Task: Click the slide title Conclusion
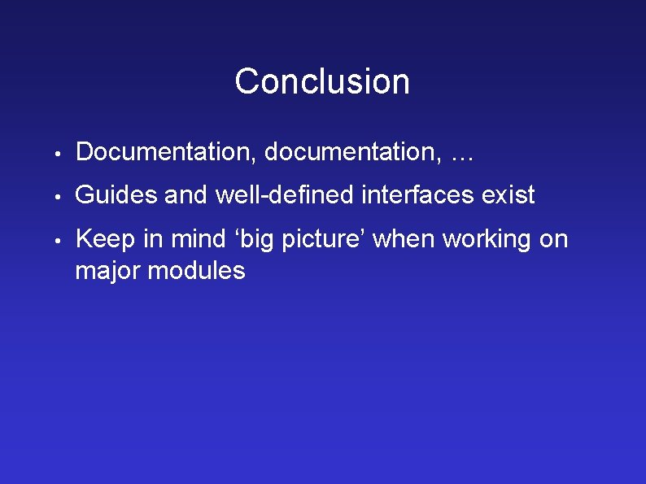(x=322, y=81)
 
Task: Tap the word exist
(x=509, y=195)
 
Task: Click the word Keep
(x=102, y=240)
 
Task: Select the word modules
(x=196, y=270)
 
